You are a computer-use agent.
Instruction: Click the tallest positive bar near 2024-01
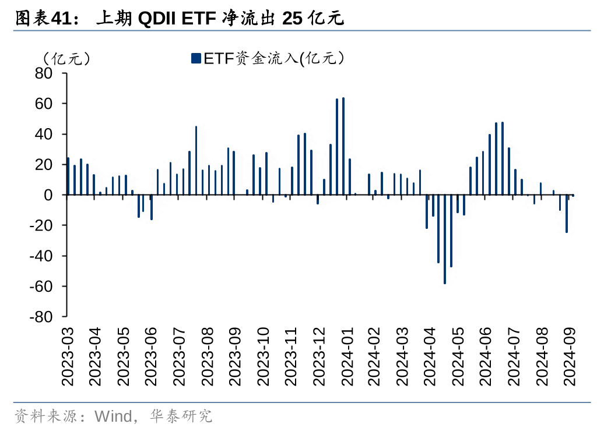click(x=343, y=146)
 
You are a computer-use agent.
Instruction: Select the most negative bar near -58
click(x=445, y=239)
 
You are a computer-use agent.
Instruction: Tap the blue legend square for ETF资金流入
click(x=195, y=58)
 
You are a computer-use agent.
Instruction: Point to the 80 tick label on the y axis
click(x=44, y=73)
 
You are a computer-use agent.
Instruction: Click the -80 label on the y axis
click(x=41, y=317)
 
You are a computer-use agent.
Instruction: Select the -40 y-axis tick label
click(x=41, y=256)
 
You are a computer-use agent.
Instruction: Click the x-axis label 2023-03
click(x=68, y=356)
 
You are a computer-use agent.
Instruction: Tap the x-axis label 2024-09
click(x=570, y=356)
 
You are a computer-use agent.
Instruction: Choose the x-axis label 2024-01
click(x=347, y=356)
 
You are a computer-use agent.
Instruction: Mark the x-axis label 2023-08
click(x=208, y=356)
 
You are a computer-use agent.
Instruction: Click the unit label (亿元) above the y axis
click(x=65, y=58)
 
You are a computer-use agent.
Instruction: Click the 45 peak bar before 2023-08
click(x=196, y=160)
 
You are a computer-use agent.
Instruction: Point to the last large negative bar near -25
click(x=566, y=214)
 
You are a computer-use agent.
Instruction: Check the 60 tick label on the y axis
click(x=44, y=104)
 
